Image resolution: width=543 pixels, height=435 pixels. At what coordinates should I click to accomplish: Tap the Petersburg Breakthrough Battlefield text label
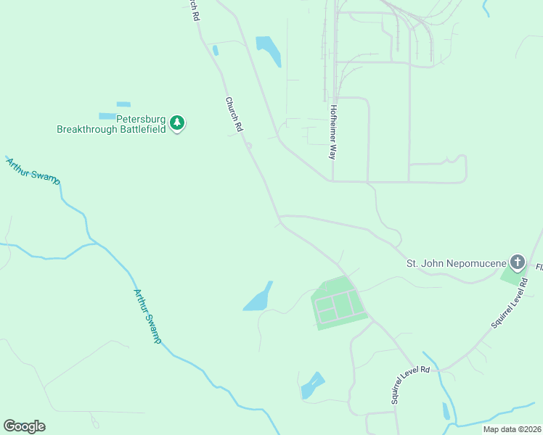click(112, 124)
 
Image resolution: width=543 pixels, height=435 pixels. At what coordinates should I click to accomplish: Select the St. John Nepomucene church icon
click(517, 261)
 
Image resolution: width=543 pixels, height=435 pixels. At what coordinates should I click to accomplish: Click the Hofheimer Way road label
click(334, 132)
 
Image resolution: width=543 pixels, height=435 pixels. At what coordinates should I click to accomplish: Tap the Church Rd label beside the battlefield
click(233, 114)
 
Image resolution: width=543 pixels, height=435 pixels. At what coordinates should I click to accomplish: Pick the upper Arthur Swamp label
click(33, 172)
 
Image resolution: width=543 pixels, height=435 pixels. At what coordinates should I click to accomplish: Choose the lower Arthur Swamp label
click(147, 317)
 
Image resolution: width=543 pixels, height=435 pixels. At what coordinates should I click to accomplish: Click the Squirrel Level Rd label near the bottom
click(410, 384)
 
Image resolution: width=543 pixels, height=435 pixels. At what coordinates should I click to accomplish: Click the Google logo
click(24, 426)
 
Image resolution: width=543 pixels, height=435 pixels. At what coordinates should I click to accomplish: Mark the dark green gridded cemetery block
click(338, 303)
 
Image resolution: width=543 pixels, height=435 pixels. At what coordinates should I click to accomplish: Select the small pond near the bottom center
click(313, 385)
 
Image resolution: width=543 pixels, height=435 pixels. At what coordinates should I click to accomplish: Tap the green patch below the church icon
click(513, 276)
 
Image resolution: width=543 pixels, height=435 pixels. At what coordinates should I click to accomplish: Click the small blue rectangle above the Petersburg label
click(123, 104)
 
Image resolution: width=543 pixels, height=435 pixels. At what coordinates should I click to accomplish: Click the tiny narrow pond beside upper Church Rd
click(216, 51)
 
